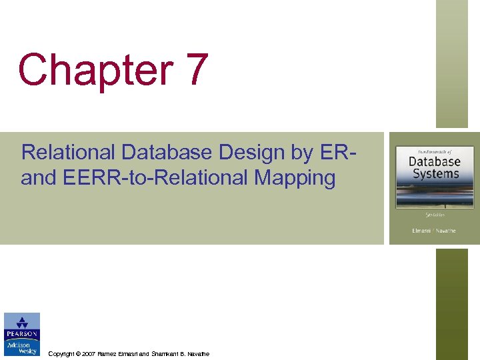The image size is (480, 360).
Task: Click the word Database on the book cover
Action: pyautogui.click(x=434, y=162)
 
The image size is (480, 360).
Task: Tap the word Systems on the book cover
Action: pyautogui.click(x=434, y=174)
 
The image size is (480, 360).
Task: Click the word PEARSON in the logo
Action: pyautogui.click(x=22, y=334)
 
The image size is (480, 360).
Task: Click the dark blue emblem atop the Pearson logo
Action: pyautogui.click(x=22, y=321)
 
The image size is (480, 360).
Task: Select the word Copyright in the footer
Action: pyautogui.click(x=62, y=353)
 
